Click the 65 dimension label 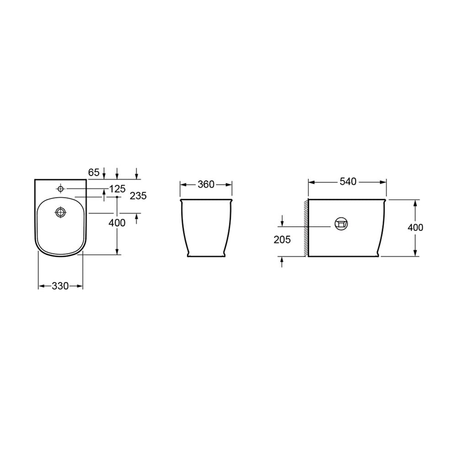(x=94, y=173)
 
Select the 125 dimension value (x=117, y=189)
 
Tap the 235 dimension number (x=138, y=196)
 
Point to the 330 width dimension (x=60, y=286)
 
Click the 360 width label (x=206, y=184)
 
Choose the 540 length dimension (x=348, y=181)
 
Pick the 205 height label (x=282, y=239)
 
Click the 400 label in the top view (x=117, y=223)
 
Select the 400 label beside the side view (x=415, y=227)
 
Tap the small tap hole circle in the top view (x=61, y=189)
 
